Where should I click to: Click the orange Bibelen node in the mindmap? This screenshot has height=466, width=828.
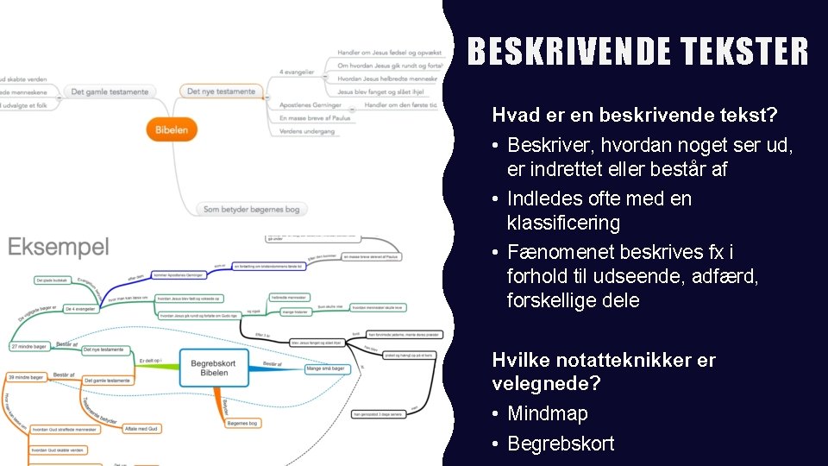(x=172, y=130)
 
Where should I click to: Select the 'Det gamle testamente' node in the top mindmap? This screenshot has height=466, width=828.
(x=110, y=91)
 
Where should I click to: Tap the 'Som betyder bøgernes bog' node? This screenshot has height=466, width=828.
(x=251, y=209)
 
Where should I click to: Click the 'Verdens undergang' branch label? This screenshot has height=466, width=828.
(x=308, y=131)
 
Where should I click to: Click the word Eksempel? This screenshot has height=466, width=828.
(x=59, y=248)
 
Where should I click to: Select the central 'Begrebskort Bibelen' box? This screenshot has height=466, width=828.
(x=215, y=368)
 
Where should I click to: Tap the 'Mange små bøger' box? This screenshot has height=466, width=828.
(x=327, y=368)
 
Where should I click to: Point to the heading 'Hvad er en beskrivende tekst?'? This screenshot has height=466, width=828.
(x=634, y=115)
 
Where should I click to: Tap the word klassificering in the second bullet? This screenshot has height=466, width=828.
(x=563, y=223)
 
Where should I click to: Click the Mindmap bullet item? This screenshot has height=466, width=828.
(x=548, y=413)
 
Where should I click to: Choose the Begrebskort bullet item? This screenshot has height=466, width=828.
(x=561, y=444)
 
